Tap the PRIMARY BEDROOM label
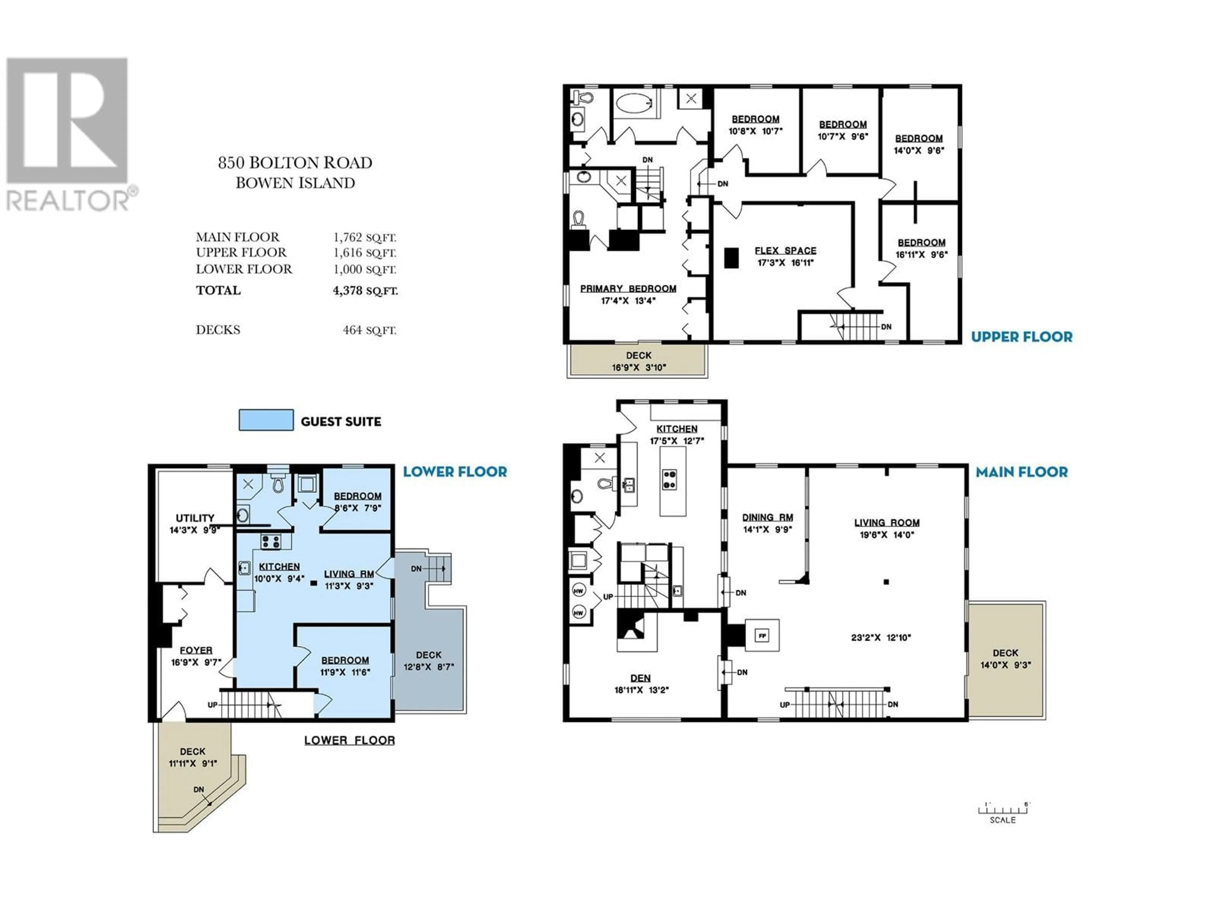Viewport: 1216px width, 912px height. click(x=628, y=288)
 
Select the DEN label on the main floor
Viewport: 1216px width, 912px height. click(x=640, y=678)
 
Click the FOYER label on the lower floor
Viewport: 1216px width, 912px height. click(x=196, y=650)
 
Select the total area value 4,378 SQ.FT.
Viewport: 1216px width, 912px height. click(x=365, y=291)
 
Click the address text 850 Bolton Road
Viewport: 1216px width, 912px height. click(x=295, y=163)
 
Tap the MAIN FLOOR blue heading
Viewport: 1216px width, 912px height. click(x=1021, y=472)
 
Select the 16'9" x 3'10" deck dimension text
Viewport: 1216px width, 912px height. click(x=639, y=367)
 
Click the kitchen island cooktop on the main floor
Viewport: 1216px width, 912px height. click(x=669, y=479)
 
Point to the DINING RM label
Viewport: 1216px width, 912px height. click(x=767, y=517)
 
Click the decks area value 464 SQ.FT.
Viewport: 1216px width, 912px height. click(x=370, y=330)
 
